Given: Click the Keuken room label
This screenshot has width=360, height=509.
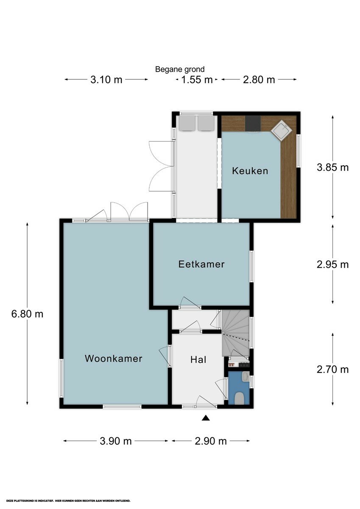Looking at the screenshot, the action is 250,171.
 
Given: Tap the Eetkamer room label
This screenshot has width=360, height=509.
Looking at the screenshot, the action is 201,264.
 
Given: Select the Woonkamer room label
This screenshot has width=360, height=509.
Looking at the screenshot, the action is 113,358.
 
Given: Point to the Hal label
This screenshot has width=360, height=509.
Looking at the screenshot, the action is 198,360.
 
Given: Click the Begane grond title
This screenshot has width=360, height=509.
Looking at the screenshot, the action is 180,69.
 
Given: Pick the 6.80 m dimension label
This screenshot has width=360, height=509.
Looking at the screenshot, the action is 27,314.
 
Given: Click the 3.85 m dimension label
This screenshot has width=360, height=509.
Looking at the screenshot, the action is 332,167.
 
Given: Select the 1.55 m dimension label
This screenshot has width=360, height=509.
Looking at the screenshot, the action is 197,80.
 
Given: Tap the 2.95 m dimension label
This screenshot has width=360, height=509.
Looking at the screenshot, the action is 332,265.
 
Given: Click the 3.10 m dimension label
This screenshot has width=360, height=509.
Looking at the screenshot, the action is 106,80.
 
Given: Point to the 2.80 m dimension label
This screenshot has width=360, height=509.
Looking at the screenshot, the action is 259,80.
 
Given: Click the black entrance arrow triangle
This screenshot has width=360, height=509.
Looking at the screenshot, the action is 205,418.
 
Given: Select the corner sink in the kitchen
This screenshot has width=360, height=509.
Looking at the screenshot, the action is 282,131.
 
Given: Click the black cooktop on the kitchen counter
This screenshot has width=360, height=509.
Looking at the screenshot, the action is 253,123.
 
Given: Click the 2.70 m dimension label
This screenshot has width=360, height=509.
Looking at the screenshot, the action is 332,369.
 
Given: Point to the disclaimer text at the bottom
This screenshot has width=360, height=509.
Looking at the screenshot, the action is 68,501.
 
